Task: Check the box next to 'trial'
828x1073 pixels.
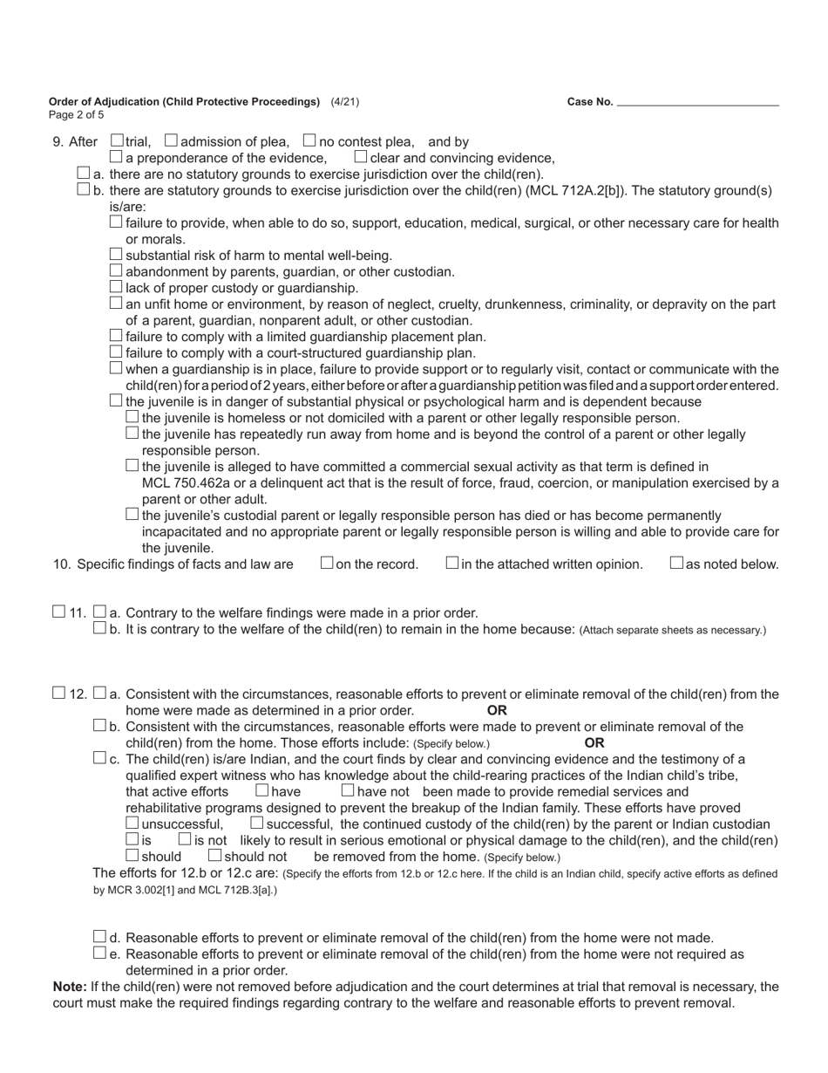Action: click(x=117, y=140)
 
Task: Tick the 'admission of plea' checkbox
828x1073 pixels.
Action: click(x=171, y=140)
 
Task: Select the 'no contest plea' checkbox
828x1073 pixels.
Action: click(x=309, y=140)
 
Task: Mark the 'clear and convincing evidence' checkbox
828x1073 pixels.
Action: click(x=361, y=157)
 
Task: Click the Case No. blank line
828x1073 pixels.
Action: click(x=697, y=102)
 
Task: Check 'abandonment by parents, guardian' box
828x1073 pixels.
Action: click(x=117, y=270)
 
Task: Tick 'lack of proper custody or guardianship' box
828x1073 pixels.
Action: click(x=117, y=287)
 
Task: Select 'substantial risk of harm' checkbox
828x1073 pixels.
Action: click(x=117, y=255)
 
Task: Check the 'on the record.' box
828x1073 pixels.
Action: click(x=327, y=564)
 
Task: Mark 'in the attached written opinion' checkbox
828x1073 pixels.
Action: click(x=452, y=564)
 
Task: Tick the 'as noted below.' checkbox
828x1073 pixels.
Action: click(x=676, y=564)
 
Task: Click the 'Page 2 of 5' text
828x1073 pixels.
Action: click(x=77, y=115)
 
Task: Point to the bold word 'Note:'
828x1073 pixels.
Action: click(x=70, y=987)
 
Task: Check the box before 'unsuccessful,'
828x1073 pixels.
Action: click(x=132, y=824)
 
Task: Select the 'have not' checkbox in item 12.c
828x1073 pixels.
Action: click(x=348, y=791)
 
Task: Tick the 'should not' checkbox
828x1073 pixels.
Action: click(x=215, y=856)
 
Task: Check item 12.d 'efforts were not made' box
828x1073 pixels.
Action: click(x=99, y=937)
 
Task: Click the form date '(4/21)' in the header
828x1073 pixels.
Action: click(x=344, y=102)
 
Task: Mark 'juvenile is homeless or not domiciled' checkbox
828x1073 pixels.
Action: click(x=132, y=417)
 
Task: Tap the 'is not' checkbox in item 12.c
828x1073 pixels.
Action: click(x=185, y=839)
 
